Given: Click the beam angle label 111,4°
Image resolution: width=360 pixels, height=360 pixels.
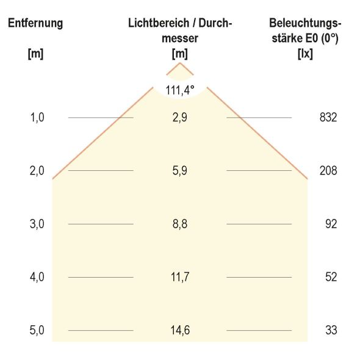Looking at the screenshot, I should point(180,90).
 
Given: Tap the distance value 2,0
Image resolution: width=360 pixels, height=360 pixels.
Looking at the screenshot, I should point(37,171).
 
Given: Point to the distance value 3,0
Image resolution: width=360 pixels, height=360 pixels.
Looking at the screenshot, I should point(37,224).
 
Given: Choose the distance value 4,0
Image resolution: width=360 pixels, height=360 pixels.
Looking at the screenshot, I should point(37,277).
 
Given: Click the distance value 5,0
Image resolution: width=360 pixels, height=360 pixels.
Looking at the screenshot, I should point(37,330).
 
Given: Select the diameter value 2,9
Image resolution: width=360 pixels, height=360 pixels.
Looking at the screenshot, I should point(180,118).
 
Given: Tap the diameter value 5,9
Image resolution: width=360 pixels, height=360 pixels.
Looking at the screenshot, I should point(180,171).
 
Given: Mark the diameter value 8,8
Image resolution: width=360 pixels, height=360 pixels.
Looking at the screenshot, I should point(180,224).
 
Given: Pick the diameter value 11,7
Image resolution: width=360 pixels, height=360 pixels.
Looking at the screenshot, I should point(180,277).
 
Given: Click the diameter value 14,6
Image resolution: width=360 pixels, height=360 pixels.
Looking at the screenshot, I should point(180,330).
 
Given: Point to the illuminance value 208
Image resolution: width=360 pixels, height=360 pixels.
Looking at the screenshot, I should point(328,171).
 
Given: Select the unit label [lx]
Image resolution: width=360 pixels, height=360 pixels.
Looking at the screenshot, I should point(304,53).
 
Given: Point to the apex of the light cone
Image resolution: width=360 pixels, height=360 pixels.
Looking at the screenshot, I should point(180,63).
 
